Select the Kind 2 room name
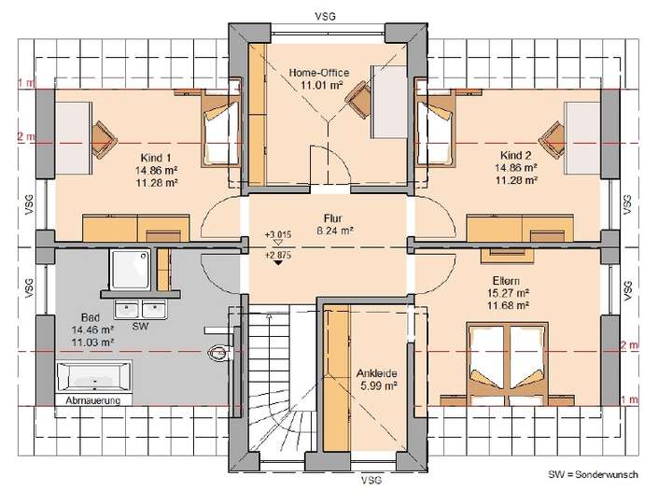(x=515, y=154)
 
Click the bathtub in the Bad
(x=93, y=378)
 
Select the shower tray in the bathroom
(x=133, y=269)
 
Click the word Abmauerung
(x=93, y=400)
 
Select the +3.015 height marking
(x=279, y=235)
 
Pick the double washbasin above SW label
(x=141, y=310)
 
